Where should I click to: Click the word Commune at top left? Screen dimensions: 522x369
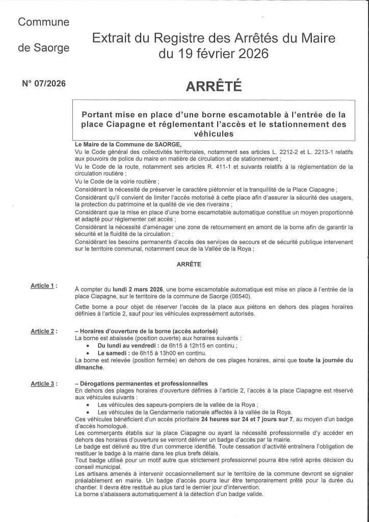pos(43,22)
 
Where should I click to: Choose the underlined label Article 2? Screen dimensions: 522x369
pos(43,331)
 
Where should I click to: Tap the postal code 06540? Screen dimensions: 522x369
pos(248,296)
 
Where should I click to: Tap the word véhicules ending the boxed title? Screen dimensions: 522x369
pos(213,134)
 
